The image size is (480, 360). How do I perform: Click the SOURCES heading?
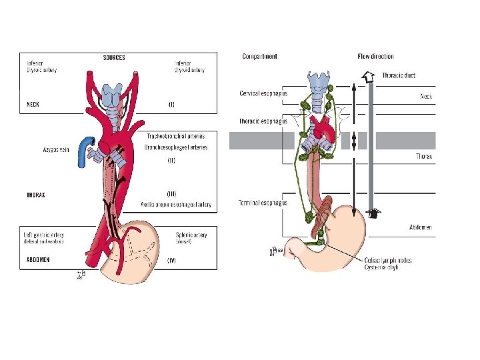114,58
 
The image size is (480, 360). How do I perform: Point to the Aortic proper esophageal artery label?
176,205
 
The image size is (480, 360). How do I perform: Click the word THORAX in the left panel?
36,195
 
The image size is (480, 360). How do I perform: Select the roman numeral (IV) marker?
171,261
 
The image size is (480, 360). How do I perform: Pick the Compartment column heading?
259,57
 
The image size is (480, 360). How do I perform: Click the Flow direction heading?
375,57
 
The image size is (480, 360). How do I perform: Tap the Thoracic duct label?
399,75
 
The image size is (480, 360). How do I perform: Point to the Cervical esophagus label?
263,93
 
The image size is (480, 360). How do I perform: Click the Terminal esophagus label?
263,203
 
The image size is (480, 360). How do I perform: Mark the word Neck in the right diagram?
426,97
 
